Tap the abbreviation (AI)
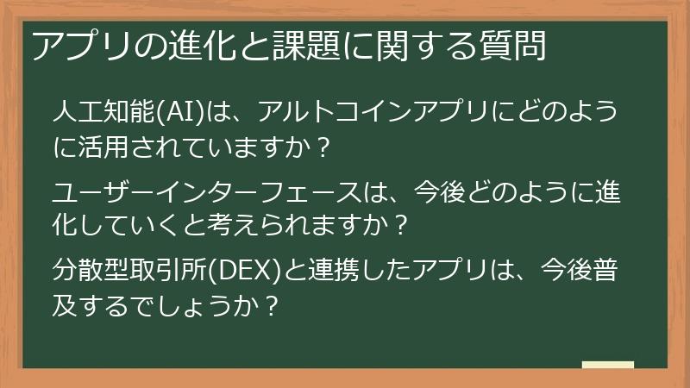179,115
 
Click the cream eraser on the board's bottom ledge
608,365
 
